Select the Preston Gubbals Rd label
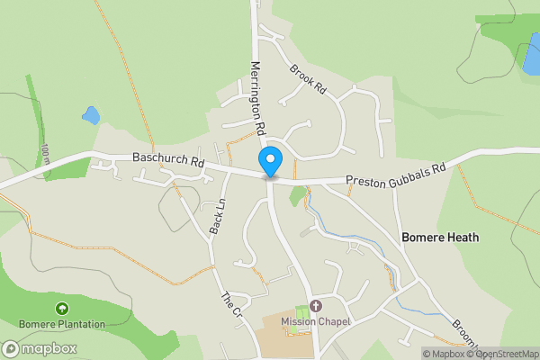397,174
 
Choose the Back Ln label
216,217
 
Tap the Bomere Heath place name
440,238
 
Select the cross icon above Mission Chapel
315,307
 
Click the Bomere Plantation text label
61,324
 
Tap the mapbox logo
40,348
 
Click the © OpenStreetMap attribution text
503,354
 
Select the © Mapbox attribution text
444,354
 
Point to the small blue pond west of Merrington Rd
91,115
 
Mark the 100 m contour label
45,154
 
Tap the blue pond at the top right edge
531,54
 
